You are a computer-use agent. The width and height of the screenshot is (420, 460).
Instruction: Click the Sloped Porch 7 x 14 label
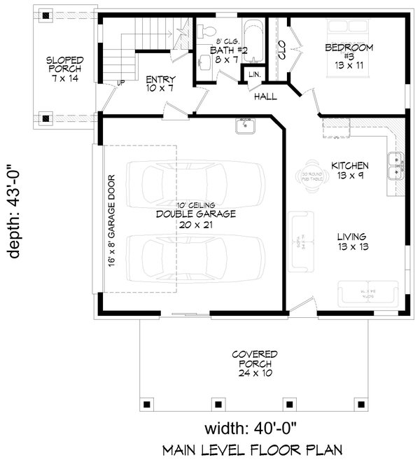coord(64,69)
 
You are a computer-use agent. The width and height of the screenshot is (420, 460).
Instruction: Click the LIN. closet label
coord(253,74)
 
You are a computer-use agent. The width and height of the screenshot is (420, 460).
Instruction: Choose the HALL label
coord(265,96)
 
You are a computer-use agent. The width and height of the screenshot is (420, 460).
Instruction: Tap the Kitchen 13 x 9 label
coord(350,170)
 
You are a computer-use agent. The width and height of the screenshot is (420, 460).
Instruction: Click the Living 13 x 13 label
coord(350,242)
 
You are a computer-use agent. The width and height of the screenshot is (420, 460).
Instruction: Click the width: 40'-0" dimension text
coord(255,427)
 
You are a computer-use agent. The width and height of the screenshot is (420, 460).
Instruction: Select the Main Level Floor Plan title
coord(255,448)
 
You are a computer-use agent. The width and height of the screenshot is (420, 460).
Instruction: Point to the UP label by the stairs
coord(121,82)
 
